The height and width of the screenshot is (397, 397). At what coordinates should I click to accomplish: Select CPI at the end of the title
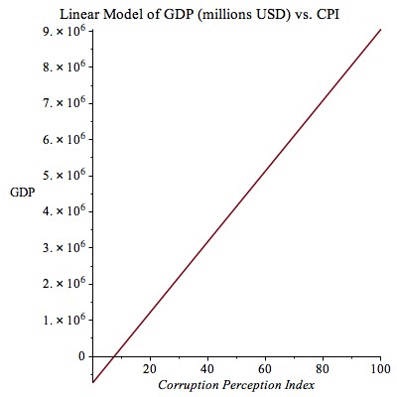pos(329,15)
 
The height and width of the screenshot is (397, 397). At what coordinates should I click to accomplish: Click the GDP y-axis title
pos(23,193)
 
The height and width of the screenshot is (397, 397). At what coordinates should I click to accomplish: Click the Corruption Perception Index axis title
pos(236,385)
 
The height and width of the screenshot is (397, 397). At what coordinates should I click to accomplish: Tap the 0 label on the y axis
pos(81,356)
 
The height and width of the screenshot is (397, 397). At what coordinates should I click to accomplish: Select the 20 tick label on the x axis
pos(150,369)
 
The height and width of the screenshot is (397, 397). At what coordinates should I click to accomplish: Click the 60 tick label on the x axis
pos(265,369)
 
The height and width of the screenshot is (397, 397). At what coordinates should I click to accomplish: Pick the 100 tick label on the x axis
pos(379,369)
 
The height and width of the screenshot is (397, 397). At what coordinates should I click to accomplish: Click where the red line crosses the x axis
pos(113,356)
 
